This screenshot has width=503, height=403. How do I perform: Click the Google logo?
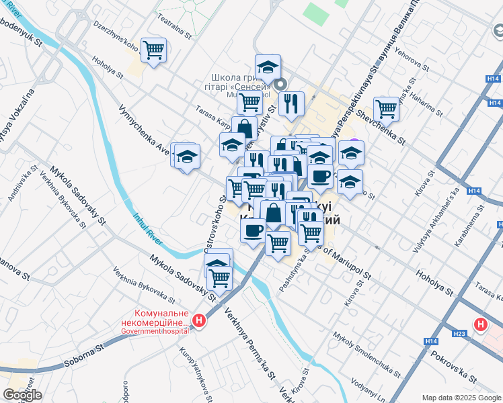[22, 395]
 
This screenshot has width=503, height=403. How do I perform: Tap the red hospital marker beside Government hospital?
[199, 321]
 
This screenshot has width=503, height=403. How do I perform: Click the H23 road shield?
[459, 333]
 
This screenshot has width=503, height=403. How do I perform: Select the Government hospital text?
[155, 331]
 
